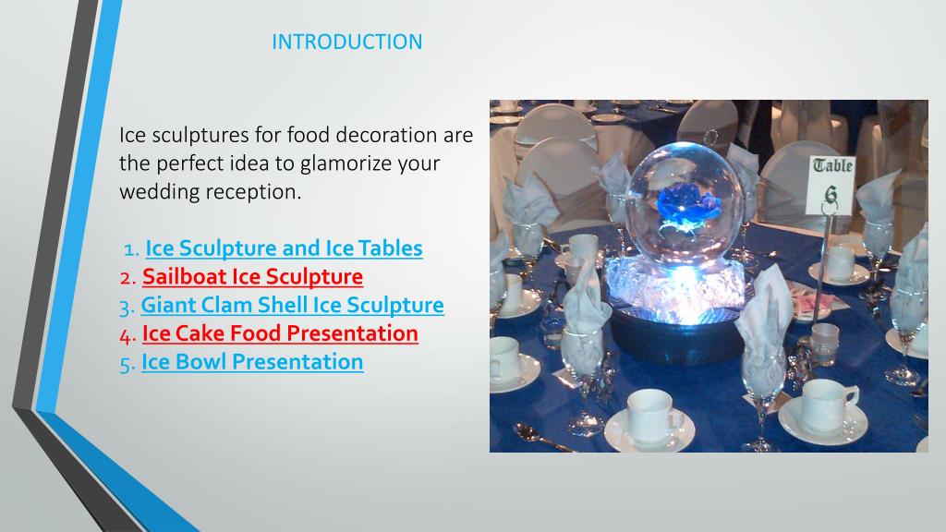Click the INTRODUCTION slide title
(x=347, y=42)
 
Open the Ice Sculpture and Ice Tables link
(x=285, y=248)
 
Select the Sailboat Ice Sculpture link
(x=252, y=276)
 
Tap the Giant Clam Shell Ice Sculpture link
(x=292, y=305)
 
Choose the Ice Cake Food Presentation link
(x=280, y=333)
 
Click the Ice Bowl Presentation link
(x=252, y=362)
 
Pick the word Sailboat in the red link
(x=181, y=276)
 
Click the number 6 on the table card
(x=831, y=194)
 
